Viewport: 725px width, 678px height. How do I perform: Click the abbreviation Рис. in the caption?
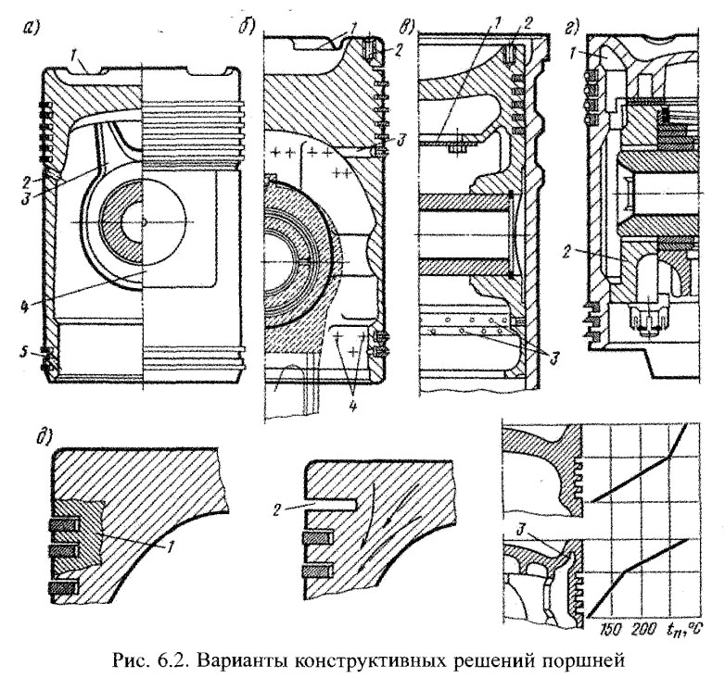coord(124,659)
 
